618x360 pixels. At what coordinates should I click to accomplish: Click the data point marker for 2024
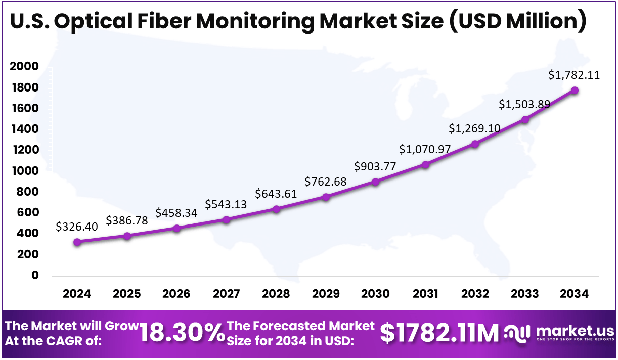[x=77, y=242]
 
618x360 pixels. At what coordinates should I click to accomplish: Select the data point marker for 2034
[x=575, y=91]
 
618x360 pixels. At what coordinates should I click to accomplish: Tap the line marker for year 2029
[x=326, y=197]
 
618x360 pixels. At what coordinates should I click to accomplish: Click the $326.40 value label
[x=76, y=227]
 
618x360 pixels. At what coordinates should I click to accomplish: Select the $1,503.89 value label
[x=523, y=104]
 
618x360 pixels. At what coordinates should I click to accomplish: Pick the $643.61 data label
[x=276, y=194]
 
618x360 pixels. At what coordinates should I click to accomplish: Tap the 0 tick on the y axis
[x=35, y=276]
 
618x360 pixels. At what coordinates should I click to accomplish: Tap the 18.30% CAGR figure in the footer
[x=182, y=333]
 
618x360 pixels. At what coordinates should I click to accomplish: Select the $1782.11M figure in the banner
[x=439, y=333]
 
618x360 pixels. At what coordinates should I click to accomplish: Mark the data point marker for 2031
[x=425, y=165]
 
